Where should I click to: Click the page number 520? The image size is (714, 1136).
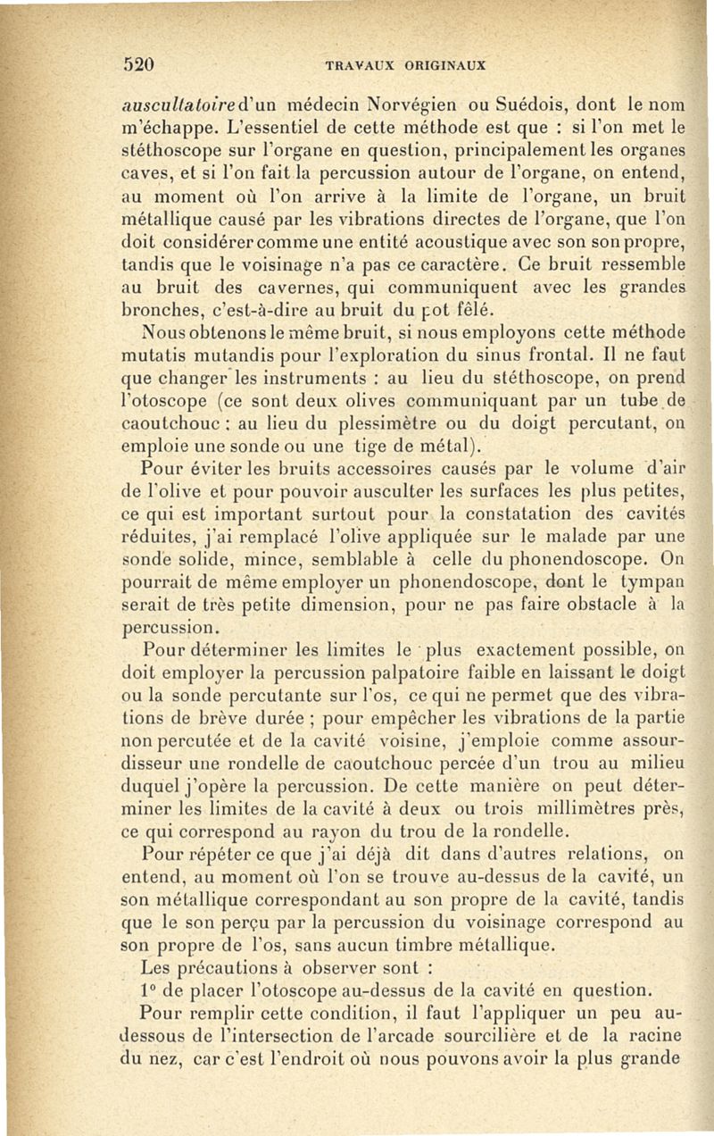(x=139, y=64)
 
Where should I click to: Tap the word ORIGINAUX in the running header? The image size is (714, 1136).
(x=444, y=65)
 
